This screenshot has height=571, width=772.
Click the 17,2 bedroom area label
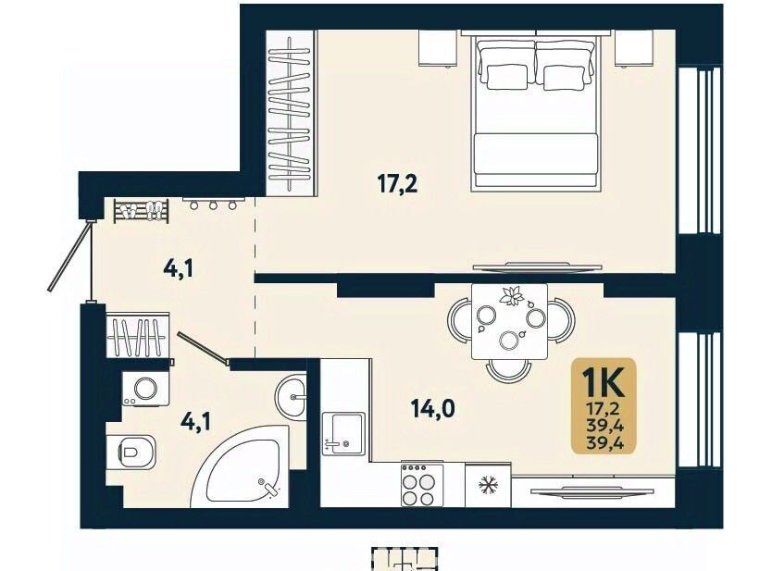pyautogui.click(x=397, y=184)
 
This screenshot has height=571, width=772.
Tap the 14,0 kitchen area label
pyautogui.click(x=433, y=408)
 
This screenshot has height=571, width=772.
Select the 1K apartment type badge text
pyautogui.click(x=604, y=382)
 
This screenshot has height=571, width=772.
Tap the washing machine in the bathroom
pyautogui.click(x=145, y=389)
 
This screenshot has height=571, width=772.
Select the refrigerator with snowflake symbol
pyautogui.click(x=488, y=485)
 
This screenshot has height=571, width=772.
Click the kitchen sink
pyautogui.click(x=343, y=433)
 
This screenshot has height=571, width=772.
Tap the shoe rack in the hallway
pyautogui.click(x=142, y=211)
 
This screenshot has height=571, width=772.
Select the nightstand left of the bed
pyautogui.click(x=438, y=48)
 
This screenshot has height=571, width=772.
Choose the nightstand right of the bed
pyautogui.click(x=635, y=48)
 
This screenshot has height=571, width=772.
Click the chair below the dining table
pyautogui.click(x=509, y=371)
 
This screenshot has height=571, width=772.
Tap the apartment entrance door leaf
pyautogui.click(x=70, y=256)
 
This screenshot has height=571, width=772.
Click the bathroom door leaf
pyautogui.click(x=204, y=349)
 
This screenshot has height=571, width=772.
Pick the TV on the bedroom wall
pyautogui.click(x=537, y=267)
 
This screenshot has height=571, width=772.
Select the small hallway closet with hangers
pyautogui.click(x=138, y=335)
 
